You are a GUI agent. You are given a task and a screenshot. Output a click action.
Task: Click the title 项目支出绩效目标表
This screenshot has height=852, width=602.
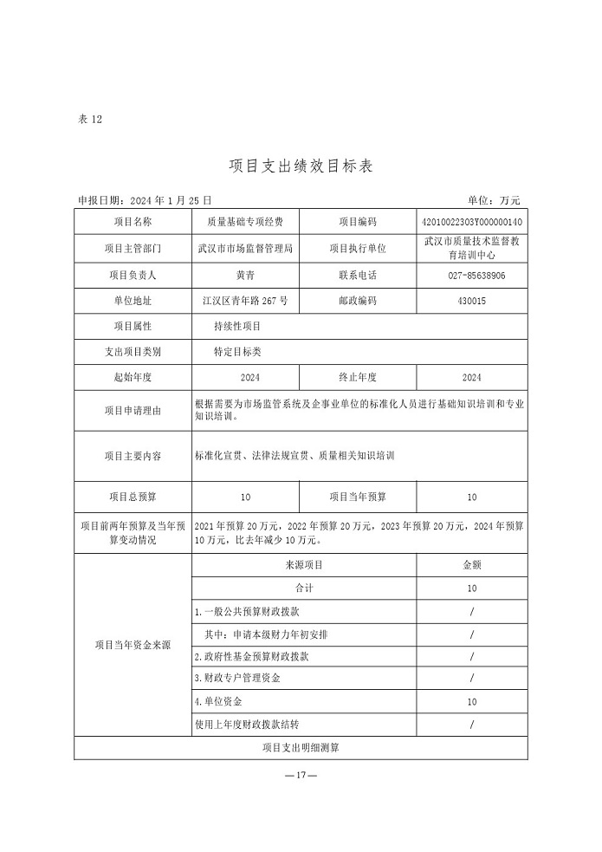coord(301,166)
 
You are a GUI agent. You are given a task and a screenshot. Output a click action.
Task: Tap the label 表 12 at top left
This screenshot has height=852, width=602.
coord(90,120)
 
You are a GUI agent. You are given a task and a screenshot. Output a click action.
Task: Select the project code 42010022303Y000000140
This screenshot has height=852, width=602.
coord(471,223)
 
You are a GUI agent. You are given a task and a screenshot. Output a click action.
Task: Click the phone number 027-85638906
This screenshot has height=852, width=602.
coord(471,276)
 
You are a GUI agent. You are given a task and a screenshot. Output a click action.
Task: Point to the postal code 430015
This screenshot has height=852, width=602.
coord(471,302)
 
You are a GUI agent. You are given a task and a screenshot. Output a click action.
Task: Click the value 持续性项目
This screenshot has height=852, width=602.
coord(236,327)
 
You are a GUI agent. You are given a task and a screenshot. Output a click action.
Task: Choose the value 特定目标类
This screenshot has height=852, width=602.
coord(236,353)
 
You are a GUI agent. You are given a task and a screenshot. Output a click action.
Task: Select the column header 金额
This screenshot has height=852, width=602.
coord(471,565)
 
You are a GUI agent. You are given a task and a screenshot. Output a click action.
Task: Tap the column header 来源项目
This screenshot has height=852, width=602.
coord(303,565)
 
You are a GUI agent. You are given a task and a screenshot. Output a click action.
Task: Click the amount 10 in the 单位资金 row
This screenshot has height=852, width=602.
coord(471,701)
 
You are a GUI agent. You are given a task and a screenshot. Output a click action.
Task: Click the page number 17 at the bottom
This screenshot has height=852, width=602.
coord(301,775)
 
